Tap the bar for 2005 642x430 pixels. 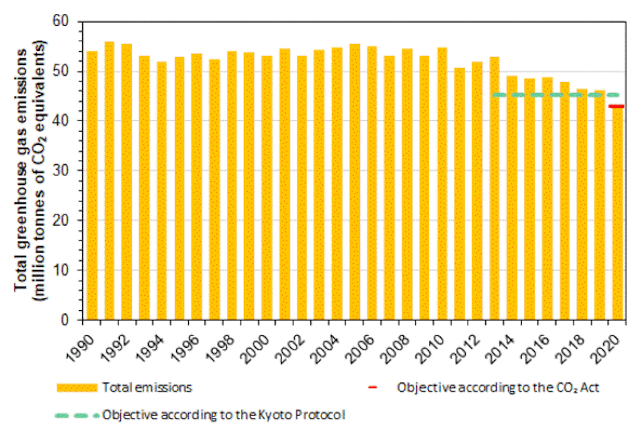pyautogui.click(x=355, y=182)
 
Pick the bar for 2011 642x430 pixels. pyautogui.click(x=460, y=194)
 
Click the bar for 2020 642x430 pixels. pyautogui.click(x=618, y=213)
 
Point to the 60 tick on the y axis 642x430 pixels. pyautogui.click(x=69, y=23)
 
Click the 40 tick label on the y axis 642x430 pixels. pyautogui.click(x=69, y=121)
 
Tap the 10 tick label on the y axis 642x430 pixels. pyautogui.click(x=69, y=270)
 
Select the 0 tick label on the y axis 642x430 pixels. pyautogui.click(x=72, y=320)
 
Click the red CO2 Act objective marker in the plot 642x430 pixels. pyautogui.click(x=618, y=107)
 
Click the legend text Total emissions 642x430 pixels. pyautogui.click(x=146, y=387)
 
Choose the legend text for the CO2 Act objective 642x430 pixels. pyautogui.click(x=498, y=387)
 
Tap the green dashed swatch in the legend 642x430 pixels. pyautogui.click(x=77, y=414)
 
